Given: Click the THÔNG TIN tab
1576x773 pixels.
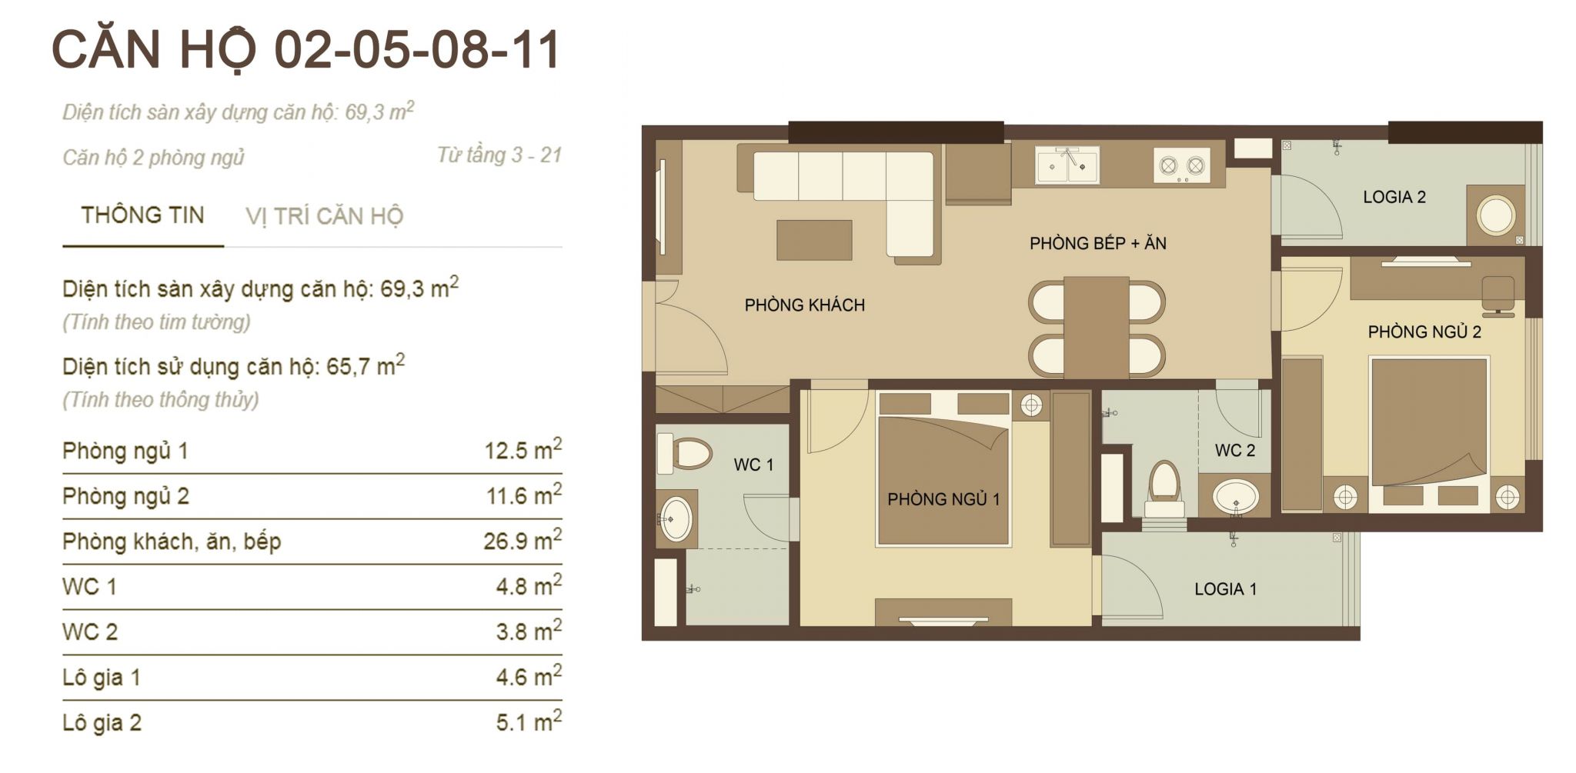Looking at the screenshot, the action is [x=142, y=215].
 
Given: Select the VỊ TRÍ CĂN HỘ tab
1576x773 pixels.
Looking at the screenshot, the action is [x=324, y=216].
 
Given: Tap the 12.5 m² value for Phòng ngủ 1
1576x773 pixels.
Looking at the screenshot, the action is [x=523, y=449].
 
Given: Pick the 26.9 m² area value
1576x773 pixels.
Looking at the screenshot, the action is [x=523, y=540].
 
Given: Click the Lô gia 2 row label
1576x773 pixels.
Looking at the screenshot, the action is [x=102, y=723].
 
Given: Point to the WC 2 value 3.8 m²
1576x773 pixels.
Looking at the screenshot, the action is [x=529, y=631].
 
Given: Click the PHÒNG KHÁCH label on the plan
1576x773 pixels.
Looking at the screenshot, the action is [x=804, y=305].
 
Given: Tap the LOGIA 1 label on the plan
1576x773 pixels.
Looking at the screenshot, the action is [x=1225, y=589].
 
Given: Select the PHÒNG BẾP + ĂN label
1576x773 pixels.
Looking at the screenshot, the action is [x=1097, y=244].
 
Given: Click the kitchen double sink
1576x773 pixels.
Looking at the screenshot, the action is [x=1067, y=165].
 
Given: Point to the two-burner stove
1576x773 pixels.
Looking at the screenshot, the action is [x=1181, y=166].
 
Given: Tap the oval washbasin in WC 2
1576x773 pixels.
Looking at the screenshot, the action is [x=1236, y=497].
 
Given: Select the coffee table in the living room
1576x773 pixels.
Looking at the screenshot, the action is [x=814, y=240].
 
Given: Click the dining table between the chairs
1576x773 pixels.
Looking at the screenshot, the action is [x=1097, y=327].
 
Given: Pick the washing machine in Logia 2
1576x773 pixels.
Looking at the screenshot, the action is [x=1495, y=215].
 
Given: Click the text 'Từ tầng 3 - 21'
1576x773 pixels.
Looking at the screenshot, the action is [x=499, y=155].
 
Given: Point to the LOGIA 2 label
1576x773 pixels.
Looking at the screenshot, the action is [x=1394, y=198].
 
